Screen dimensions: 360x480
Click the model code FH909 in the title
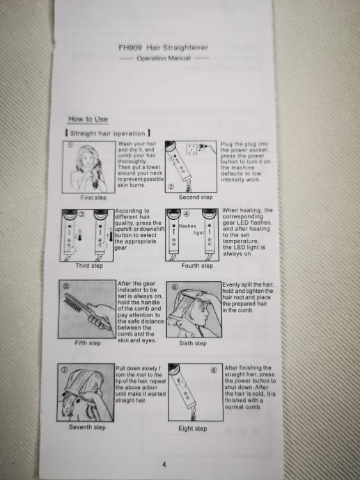point(130,48)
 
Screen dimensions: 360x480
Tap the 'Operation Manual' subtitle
point(164,58)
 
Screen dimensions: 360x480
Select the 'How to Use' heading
point(88,119)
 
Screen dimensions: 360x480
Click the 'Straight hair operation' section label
point(108,134)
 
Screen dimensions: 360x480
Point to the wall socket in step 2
point(191,150)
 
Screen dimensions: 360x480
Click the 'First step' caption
point(93,198)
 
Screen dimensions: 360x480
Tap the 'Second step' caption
point(196,197)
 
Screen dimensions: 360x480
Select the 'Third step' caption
point(89,266)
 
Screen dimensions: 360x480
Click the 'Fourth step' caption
point(197,266)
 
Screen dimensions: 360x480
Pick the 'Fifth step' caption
point(88,343)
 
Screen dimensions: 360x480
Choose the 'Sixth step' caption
point(193,343)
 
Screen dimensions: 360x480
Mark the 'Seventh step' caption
point(87,427)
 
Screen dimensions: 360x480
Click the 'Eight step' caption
point(192,429)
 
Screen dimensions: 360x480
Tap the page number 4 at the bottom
point(164,465)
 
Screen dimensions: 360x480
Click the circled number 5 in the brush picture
point(66,286)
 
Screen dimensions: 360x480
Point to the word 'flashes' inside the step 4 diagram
point(187,226)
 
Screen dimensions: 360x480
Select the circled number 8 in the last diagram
point(214,370)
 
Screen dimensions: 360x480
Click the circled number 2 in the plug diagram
point(171,186)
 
